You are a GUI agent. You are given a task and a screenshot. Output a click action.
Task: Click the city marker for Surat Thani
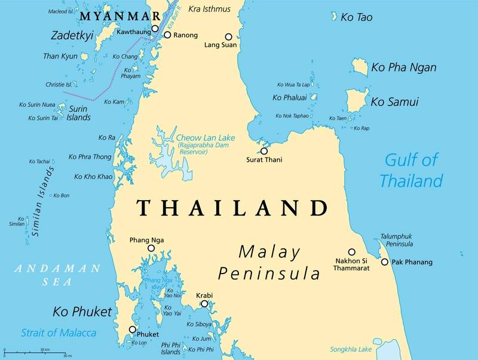pos(263,151)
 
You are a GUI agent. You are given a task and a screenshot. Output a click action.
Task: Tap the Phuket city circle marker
pos(133,330)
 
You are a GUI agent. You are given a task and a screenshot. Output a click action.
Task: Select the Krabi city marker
pos(204,304)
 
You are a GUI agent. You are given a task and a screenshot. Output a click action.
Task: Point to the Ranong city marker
pos(167,35)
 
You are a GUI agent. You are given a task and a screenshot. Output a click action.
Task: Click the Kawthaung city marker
pos(155,28)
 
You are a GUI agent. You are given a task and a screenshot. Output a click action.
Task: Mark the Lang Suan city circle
pos(228,36)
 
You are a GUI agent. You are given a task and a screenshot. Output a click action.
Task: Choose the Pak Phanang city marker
pos(385,262)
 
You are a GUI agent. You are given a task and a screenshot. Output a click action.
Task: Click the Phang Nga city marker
pos(151,248)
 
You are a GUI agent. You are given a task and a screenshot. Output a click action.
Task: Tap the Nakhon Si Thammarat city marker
pos(352,252)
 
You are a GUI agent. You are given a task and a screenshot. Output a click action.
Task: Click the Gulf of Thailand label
pos(412,170)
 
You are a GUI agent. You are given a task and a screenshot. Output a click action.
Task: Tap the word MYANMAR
pos(123,16)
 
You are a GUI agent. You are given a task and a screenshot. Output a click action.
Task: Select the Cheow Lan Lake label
pos(205,138)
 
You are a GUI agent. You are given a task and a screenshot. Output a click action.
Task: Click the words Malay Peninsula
pos(269,263)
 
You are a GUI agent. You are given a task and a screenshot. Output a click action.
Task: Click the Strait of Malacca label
pos(59,333)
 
